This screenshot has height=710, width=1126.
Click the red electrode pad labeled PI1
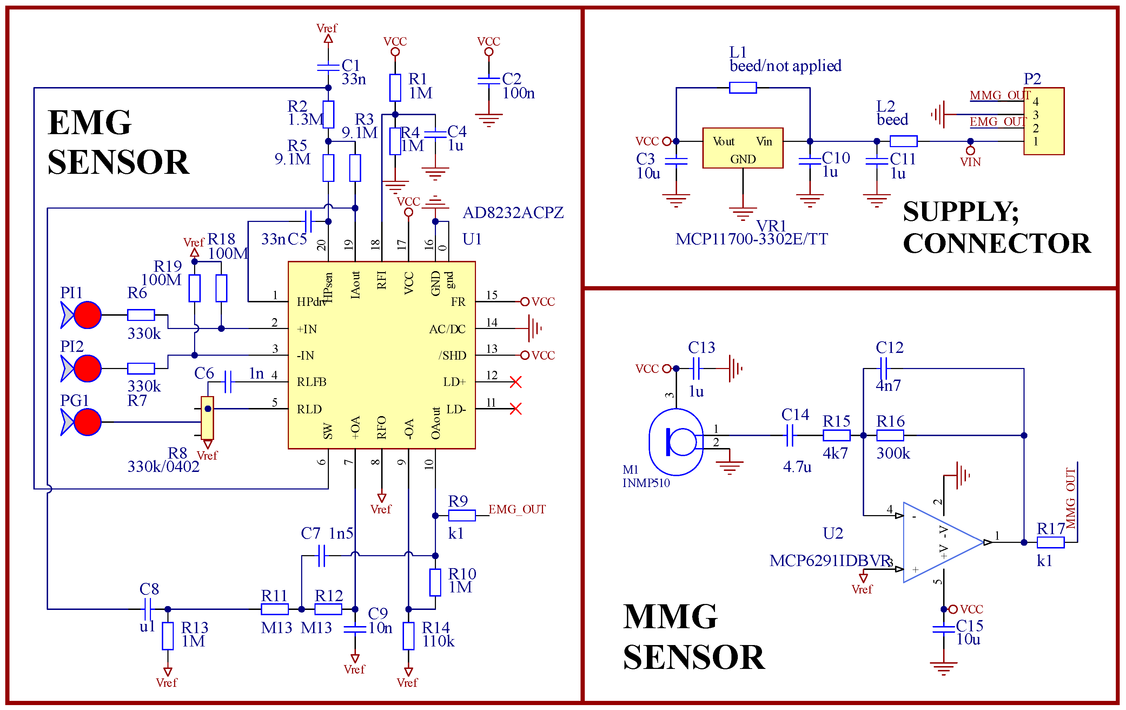(x=87, y=315)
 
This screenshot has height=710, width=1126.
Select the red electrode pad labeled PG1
(x=87, y=422)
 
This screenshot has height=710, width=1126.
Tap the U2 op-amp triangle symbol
(x=940, y=543)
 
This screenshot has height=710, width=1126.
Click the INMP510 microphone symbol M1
(x=676, y=441)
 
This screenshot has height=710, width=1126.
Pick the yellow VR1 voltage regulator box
(x=743, y=148)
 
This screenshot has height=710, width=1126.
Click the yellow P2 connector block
(x=1044, y=121)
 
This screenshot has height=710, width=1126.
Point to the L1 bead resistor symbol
(x=743, y=87)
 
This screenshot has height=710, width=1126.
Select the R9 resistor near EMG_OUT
(x=462, y=515)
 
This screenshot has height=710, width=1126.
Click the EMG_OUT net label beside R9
(x=517, y=510)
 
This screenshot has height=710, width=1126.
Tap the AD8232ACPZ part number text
(x=513, y=213)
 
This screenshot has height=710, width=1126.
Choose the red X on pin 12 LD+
(x=515, y=382)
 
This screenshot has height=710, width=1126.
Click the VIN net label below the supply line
(x=970, y=162)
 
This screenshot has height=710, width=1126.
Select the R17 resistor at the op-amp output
(x=1050, y=543)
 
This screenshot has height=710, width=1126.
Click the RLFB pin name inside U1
(x=311, y=382)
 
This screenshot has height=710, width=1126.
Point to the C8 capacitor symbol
(x=147, y=609)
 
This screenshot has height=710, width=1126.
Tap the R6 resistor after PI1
(x=141, y=315)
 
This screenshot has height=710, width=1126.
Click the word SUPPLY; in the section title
(x=960, y=212)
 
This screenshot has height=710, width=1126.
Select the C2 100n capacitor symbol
(x=489, y=81)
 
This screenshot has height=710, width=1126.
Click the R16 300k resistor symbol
(x=890, y=435)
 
